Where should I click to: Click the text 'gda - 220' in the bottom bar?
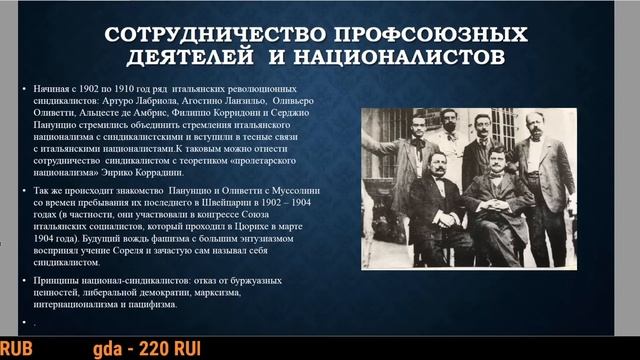click(x=129, y=349)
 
